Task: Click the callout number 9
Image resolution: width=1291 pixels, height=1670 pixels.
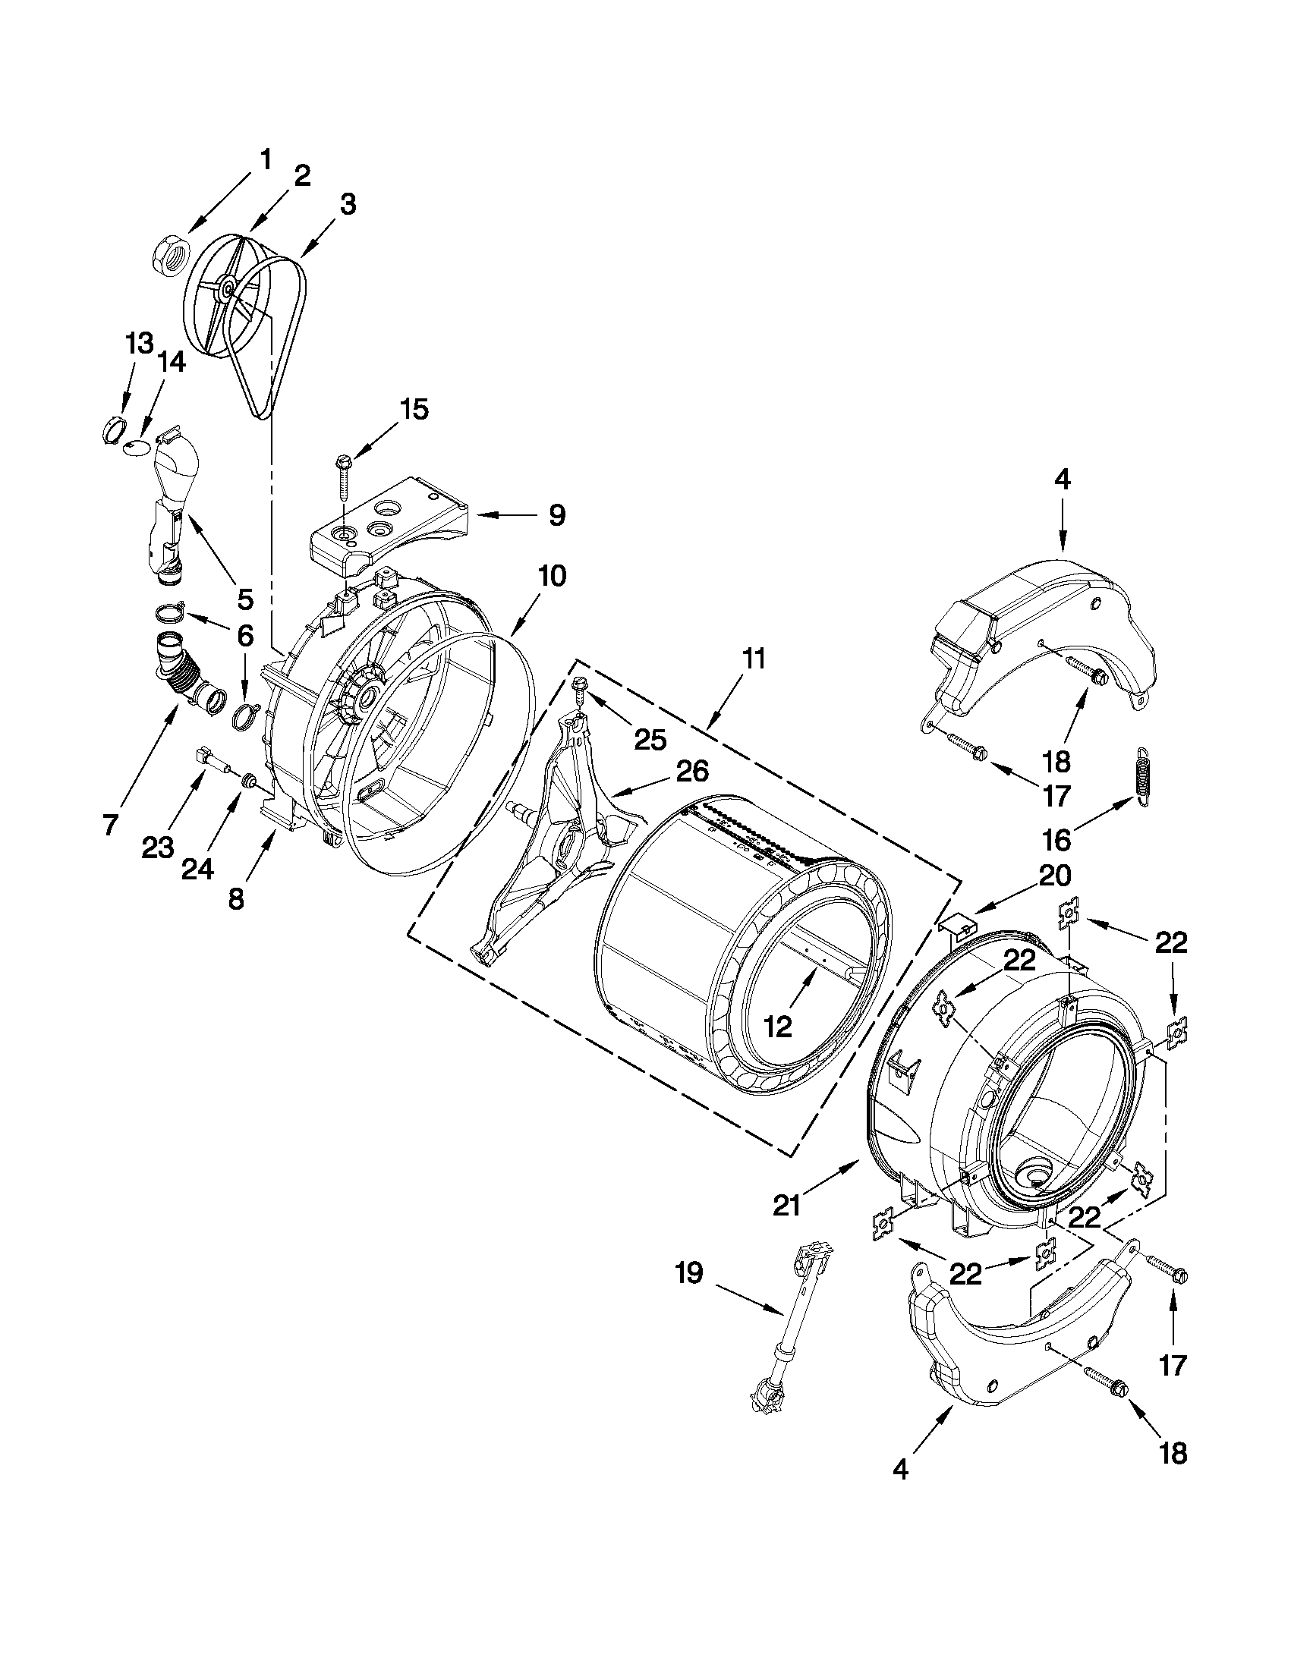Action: pyautogui.click(x=557, y=514)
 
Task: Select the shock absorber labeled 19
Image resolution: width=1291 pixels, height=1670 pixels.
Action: pyautogui.click(x=789, y=1330)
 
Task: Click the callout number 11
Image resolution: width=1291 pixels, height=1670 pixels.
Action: pyautogui.click(x=754, y=659)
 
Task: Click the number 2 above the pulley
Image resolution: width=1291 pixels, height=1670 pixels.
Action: pyautogui.click(x=301, y=177)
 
